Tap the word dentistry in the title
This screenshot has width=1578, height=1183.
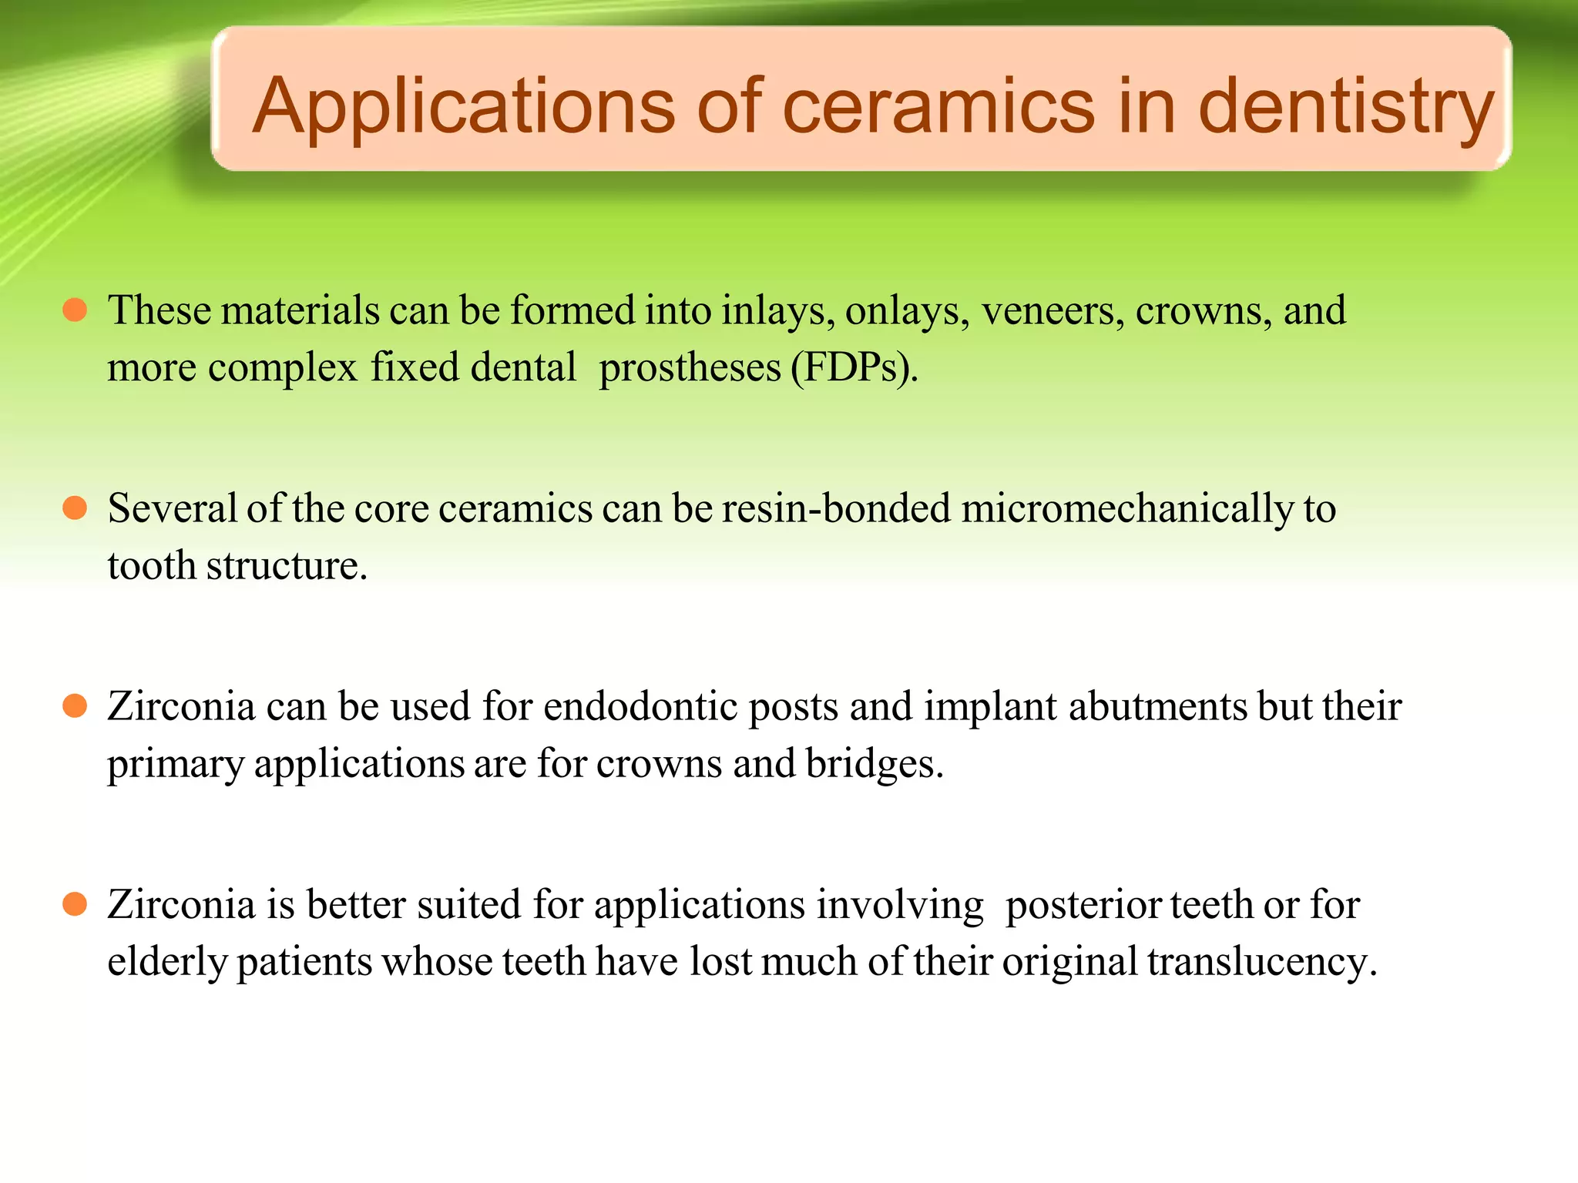click(x=1345, y=108)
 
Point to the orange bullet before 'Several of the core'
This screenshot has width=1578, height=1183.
click(x=75, y=508)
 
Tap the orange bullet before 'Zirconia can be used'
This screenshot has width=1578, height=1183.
click(x=75, y=705)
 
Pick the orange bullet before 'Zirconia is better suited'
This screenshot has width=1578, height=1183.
click(x=75, y=903)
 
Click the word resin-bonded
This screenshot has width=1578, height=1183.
click(x=836, y=508)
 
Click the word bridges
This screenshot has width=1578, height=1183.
click(x=874, y=764)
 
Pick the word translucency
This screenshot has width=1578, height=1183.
click(x=1261, y=962)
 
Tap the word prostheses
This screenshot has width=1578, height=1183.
click(x=690, y=368)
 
